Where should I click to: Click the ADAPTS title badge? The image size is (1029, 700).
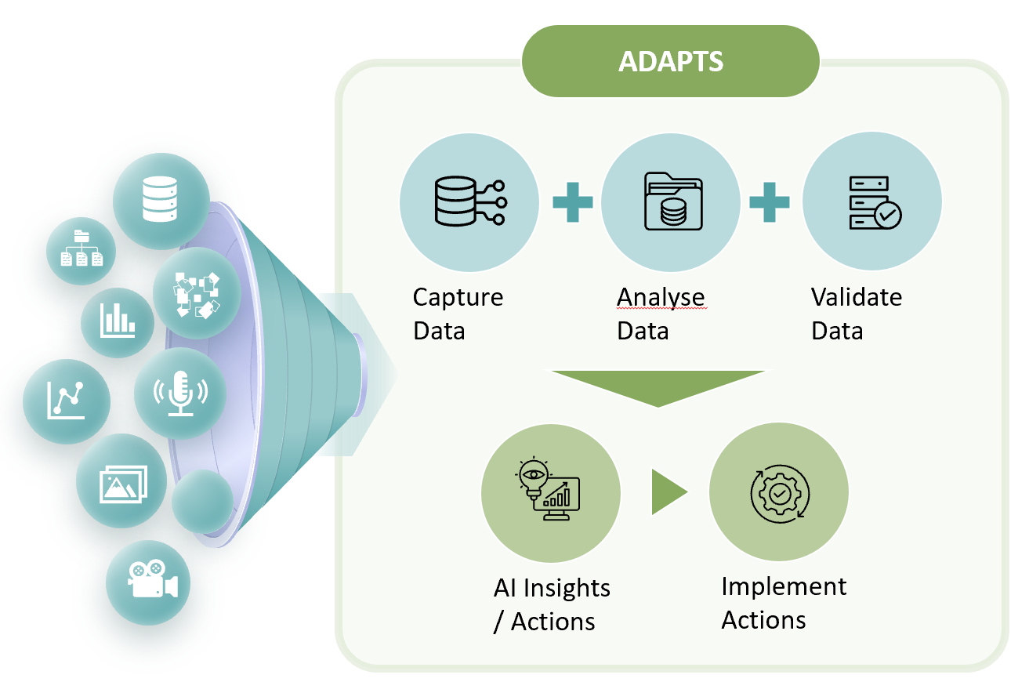coord(671,61)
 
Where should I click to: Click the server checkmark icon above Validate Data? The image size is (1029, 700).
coord(873,203)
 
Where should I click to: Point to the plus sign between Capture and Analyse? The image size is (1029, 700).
coord(571,203)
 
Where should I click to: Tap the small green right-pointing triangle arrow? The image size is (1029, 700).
coord(668,492)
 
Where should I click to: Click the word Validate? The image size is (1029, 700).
coord(856,298)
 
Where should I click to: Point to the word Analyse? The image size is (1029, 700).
coord(661,298)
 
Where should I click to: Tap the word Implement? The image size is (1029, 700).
coord(784,586)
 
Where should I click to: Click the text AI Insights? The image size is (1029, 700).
coord(552,588)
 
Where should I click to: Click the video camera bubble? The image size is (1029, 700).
coord(148,581)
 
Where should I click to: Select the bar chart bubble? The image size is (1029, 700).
coord(118,321)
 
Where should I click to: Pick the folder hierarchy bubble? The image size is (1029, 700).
coord(82,250)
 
